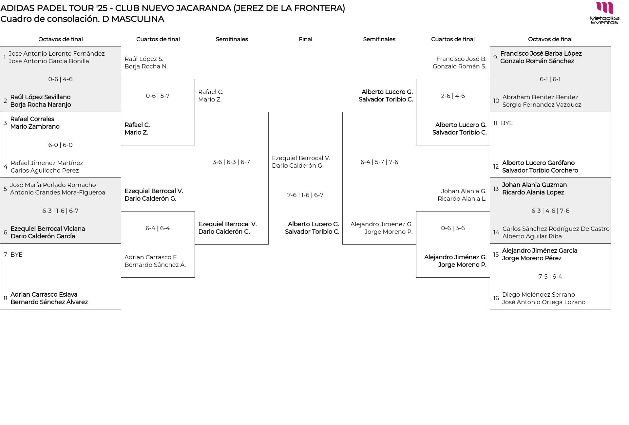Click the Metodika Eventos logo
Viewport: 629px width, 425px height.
tap(604, 13)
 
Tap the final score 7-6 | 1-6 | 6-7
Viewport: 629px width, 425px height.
tap(305, 195)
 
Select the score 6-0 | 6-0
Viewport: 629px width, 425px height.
tap(60, 145)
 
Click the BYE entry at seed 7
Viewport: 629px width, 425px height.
tap(16, 255)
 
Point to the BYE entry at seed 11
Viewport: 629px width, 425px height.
tap(506, 123)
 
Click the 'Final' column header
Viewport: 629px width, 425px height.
tap(305, 39)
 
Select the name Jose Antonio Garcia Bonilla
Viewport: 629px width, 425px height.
tap(49, 61)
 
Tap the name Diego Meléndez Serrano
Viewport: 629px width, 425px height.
tap(538, 295)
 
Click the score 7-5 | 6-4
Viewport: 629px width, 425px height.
tap(550, 277)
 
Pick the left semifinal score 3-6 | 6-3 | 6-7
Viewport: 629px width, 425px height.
tap(231, 162)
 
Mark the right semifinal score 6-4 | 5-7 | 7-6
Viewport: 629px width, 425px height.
tap(379, 162)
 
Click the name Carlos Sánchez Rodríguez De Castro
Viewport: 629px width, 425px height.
tap(556, 229)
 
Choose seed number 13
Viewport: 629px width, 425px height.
tap(496, 189)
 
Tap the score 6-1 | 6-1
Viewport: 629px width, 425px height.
tap(550, 79)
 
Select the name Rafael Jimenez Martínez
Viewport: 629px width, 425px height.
tap(47, 163)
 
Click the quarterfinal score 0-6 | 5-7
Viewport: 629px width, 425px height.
tap(158, 96)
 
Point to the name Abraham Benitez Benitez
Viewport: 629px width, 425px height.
tap(540, 97)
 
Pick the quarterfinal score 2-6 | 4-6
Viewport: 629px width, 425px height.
tap(453, 96)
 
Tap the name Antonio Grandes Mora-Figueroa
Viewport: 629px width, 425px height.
tap(58, 193)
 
